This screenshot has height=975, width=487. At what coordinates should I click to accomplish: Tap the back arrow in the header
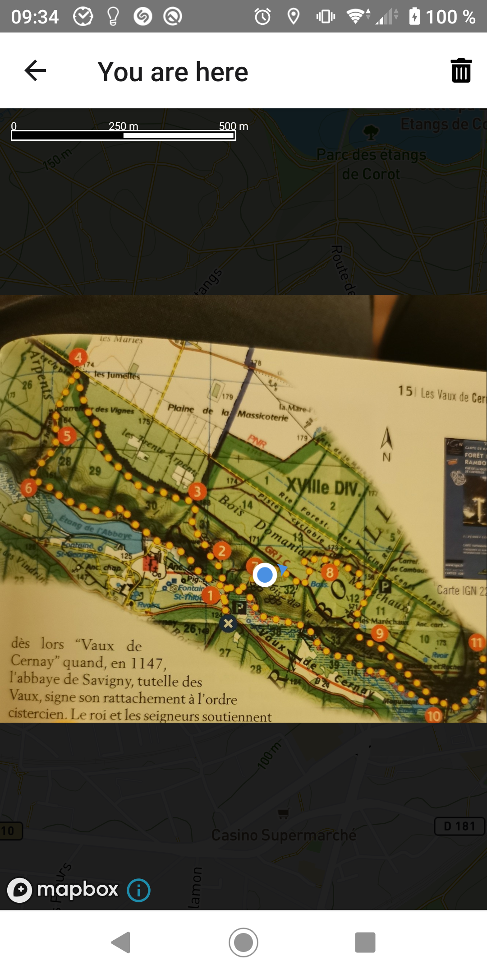tap(35, 71)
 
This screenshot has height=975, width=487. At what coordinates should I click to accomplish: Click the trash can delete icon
tap(461, 71)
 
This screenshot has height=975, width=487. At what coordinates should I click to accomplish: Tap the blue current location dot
tap(265, 575)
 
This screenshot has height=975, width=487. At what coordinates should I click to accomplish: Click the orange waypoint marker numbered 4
tap(78, 357)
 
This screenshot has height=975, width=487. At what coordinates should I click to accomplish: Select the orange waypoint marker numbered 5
tap(67, 436)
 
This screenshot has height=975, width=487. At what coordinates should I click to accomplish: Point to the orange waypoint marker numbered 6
tap(29, 488)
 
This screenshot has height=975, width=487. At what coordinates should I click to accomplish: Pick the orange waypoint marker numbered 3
tap(197, 492)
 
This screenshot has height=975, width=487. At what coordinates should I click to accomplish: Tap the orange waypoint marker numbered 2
tap(221, 551)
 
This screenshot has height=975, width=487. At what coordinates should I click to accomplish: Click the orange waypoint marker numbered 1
tap(210, 595)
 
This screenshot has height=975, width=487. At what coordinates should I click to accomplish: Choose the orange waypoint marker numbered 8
tap(330, 573)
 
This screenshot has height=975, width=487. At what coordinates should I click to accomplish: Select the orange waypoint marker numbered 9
tap(380, 634)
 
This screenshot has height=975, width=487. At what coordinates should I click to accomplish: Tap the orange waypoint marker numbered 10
tap(433, 715)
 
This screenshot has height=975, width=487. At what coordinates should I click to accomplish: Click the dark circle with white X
tap(228, 624)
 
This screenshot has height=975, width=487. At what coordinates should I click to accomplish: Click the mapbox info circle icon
tap(138, 890)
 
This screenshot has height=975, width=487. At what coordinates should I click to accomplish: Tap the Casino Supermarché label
tap(284, 835)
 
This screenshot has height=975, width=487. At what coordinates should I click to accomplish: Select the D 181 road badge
tap(459, 826)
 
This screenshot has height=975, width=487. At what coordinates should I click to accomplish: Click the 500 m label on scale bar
tap(233, 126)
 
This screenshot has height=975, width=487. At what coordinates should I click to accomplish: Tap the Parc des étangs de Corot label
tap(371, 164)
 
